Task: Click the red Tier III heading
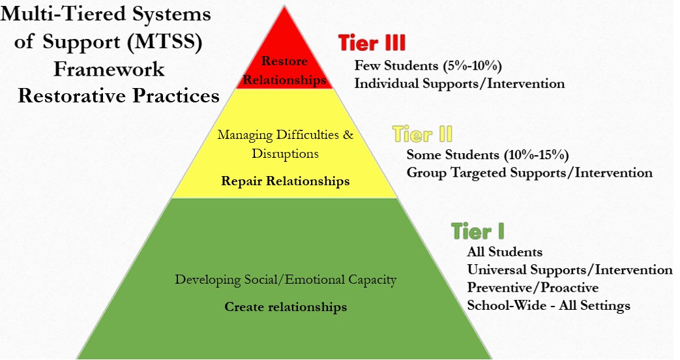point(372,43)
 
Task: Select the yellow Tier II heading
point(422,135)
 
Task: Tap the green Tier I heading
point(478,231)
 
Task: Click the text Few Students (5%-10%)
point(427,66)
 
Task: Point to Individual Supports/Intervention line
point(459,83)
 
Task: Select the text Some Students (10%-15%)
point(488,155)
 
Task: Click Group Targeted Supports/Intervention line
point(529,173)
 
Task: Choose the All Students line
point(505,252)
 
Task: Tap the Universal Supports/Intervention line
point(569,269)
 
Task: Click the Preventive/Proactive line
point(533,287)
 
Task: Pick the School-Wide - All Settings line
point(548,305)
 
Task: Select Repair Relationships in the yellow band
point(285,181)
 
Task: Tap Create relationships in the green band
point(286,307)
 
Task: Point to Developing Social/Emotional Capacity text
point(285,280)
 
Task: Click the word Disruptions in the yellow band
point(285,155)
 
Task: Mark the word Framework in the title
point(109,68)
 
